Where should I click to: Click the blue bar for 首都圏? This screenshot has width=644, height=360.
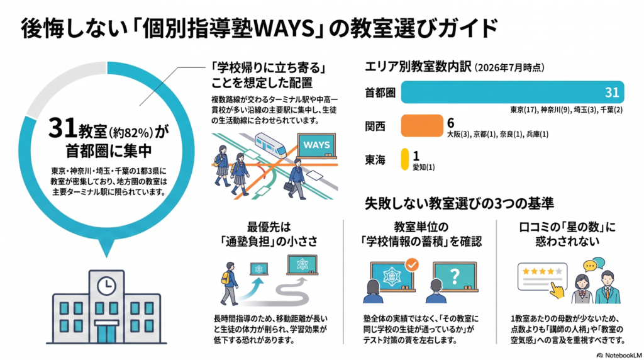pyautogui.click(x=512, y=92)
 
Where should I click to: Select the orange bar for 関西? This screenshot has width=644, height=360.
pyautogui.click(x=422, y=126)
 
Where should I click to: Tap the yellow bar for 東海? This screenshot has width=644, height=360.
pyautogui.click(x=404, y=159)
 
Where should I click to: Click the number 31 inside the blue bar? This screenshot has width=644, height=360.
pyautogui.click(x=611, y=92)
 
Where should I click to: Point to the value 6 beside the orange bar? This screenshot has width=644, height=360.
pyautogui.click(x=450, y=123)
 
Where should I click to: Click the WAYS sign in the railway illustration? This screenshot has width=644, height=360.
pyautogui.click(x=317, y=145)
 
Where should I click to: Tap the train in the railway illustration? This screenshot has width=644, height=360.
pyautogui.click(x=270, y=145)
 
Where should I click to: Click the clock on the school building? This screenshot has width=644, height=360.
pyautogui.click(x=106, y=285)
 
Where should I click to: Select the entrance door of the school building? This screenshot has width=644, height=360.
pyautogui.click(x=106, y=334)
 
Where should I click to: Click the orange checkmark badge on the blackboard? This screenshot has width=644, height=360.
pyautogui.click(x=411, y=265)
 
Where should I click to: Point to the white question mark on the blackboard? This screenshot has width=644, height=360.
pyautogui.click(x=454, y=277)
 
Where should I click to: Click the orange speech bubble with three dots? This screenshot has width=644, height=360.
pyautogui.click(x=589, y=266)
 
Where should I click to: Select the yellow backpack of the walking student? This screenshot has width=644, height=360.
pyautogui.click(x=226, y=278)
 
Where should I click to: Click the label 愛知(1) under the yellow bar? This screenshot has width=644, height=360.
pyautogui.click(x=423, y=167)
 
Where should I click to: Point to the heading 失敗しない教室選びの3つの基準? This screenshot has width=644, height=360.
pyautogui.click(x=459, y=203)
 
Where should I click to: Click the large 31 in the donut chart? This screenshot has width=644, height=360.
pyautogui.click(x=62, y=128)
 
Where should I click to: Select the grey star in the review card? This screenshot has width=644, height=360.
pyautogui.click(x=558, y=271)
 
